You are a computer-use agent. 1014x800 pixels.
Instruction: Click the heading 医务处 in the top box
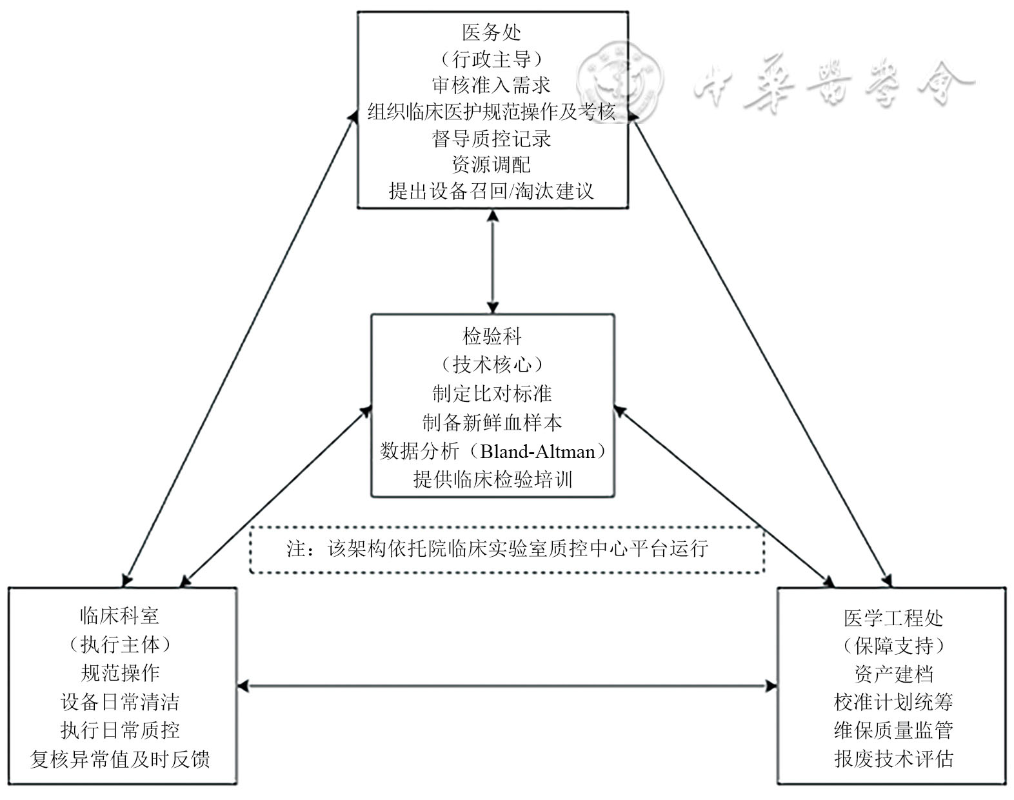492,32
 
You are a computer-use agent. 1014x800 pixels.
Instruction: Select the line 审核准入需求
492,85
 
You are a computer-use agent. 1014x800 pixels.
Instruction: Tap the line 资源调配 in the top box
492,165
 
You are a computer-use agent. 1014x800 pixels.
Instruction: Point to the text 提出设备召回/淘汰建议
492,191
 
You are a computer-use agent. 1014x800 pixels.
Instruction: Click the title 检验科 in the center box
492,336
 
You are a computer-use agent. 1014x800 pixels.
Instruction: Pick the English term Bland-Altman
537,451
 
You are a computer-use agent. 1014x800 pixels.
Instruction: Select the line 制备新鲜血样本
492,423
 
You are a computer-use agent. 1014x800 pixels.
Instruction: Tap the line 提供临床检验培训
492,479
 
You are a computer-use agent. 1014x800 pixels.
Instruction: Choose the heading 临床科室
119,615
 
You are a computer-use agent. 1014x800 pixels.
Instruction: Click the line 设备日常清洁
119,701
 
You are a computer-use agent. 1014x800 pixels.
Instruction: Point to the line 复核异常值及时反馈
119,759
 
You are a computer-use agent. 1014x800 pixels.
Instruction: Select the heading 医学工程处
893,618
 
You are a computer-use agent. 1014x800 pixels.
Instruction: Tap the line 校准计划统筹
893,701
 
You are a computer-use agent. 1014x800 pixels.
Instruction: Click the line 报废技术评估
893,759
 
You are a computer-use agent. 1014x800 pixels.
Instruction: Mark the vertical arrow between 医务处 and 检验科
493,261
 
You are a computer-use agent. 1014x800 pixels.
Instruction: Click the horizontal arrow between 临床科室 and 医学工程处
506,686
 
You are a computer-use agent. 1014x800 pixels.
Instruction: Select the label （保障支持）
893,645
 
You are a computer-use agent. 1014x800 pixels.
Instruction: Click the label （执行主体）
119,644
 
